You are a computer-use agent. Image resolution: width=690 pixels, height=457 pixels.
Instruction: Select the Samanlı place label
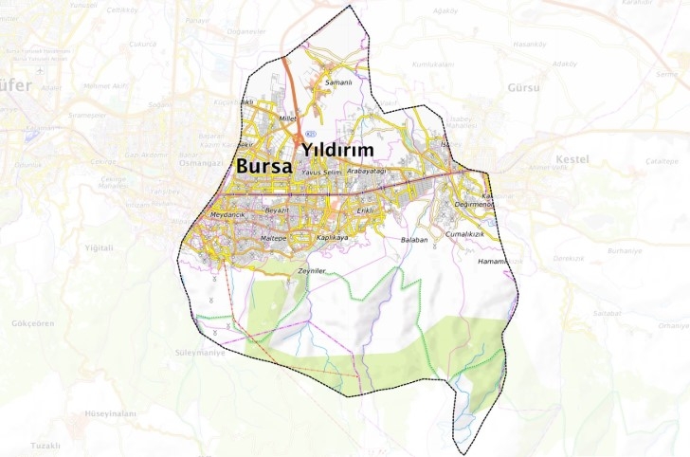pos(338,83)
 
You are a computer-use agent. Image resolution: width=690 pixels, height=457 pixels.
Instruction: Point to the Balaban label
pos(415,241)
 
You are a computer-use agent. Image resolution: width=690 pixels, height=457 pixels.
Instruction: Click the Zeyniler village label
pos(312,271)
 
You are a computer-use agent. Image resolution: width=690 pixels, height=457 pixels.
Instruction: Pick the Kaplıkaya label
pos(333,237)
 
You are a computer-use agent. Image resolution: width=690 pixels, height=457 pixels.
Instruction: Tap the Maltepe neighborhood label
pos(273,238)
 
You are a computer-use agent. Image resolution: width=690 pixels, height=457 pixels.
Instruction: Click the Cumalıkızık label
pos(464,233)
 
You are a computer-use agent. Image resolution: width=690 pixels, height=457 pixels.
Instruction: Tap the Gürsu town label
pos(523,87)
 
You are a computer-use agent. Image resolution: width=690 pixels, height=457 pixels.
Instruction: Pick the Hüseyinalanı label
pos(111,414)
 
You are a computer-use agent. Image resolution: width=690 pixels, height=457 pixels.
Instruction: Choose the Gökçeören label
pos(33,323)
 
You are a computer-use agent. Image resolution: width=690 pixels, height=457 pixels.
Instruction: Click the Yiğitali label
pos(99,247)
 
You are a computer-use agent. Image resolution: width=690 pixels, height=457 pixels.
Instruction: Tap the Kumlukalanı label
pos(433,64)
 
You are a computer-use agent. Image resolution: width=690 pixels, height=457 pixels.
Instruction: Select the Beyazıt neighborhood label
pos(276,209)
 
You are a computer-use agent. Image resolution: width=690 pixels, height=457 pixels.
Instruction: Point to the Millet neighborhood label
pos(288,119)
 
